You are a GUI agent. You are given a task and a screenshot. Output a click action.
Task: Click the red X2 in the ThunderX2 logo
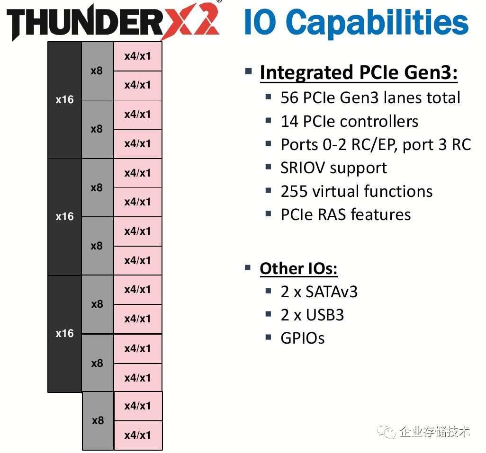tap(189, 20)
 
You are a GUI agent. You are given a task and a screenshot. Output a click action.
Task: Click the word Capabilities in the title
tap(377, 22)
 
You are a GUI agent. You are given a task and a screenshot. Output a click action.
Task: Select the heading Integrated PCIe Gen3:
tap(359, 72)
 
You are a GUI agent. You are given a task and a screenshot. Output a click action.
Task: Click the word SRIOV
tap(303, 168)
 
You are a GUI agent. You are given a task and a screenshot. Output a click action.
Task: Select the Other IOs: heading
tap(298, 268)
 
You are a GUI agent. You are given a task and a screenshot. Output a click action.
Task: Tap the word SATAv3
tap(332, 292)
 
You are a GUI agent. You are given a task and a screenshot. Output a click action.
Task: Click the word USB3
tap(325, 315)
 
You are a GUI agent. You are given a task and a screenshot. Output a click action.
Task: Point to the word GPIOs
tap(303, 338)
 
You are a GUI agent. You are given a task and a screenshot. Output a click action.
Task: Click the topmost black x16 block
tap(65, 100)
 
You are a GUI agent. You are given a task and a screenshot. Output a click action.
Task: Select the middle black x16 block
tap(65, 217)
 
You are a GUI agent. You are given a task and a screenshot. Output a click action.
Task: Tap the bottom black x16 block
tap(65, 334)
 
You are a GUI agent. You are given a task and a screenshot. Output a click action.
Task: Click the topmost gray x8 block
tap(97, 71)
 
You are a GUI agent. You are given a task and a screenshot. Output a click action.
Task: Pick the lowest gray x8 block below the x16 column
tap(98, 421)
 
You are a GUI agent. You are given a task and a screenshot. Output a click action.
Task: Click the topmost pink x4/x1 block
tap(138, 56)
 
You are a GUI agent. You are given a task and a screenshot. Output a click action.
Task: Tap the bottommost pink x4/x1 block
tap(138, 435)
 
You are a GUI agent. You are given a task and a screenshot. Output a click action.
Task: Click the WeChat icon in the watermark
tap(386, 432)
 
